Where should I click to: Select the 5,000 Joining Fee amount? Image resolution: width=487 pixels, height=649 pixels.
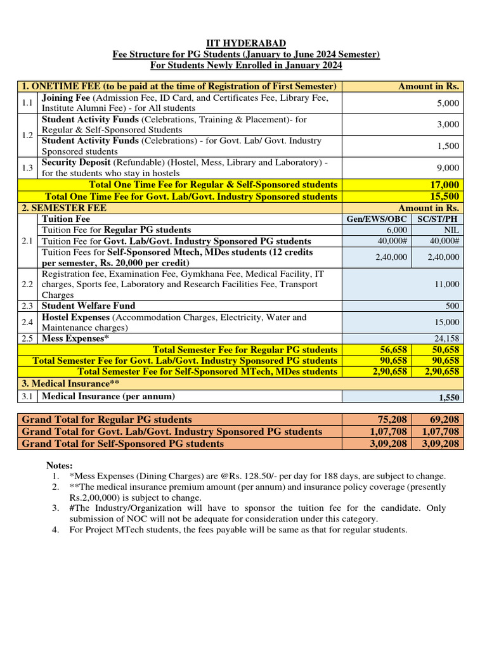448,103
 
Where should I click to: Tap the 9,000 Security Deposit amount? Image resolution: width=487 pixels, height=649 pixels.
448,167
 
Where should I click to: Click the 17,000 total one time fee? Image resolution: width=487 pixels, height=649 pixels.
444,184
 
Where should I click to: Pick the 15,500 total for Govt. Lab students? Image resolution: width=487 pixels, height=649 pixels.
444,196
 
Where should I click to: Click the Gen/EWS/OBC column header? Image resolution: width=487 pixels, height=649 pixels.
377,219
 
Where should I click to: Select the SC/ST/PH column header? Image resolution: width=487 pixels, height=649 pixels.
438,219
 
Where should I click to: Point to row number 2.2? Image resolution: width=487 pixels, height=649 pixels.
27,285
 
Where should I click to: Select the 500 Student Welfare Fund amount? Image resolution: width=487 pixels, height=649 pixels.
452,306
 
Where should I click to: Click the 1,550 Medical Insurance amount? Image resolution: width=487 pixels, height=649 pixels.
448,397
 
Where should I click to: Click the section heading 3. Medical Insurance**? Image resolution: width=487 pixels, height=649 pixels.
71,383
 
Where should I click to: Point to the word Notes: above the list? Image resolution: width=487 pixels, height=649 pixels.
60,466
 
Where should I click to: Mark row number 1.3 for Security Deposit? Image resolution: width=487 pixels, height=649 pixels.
27,167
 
